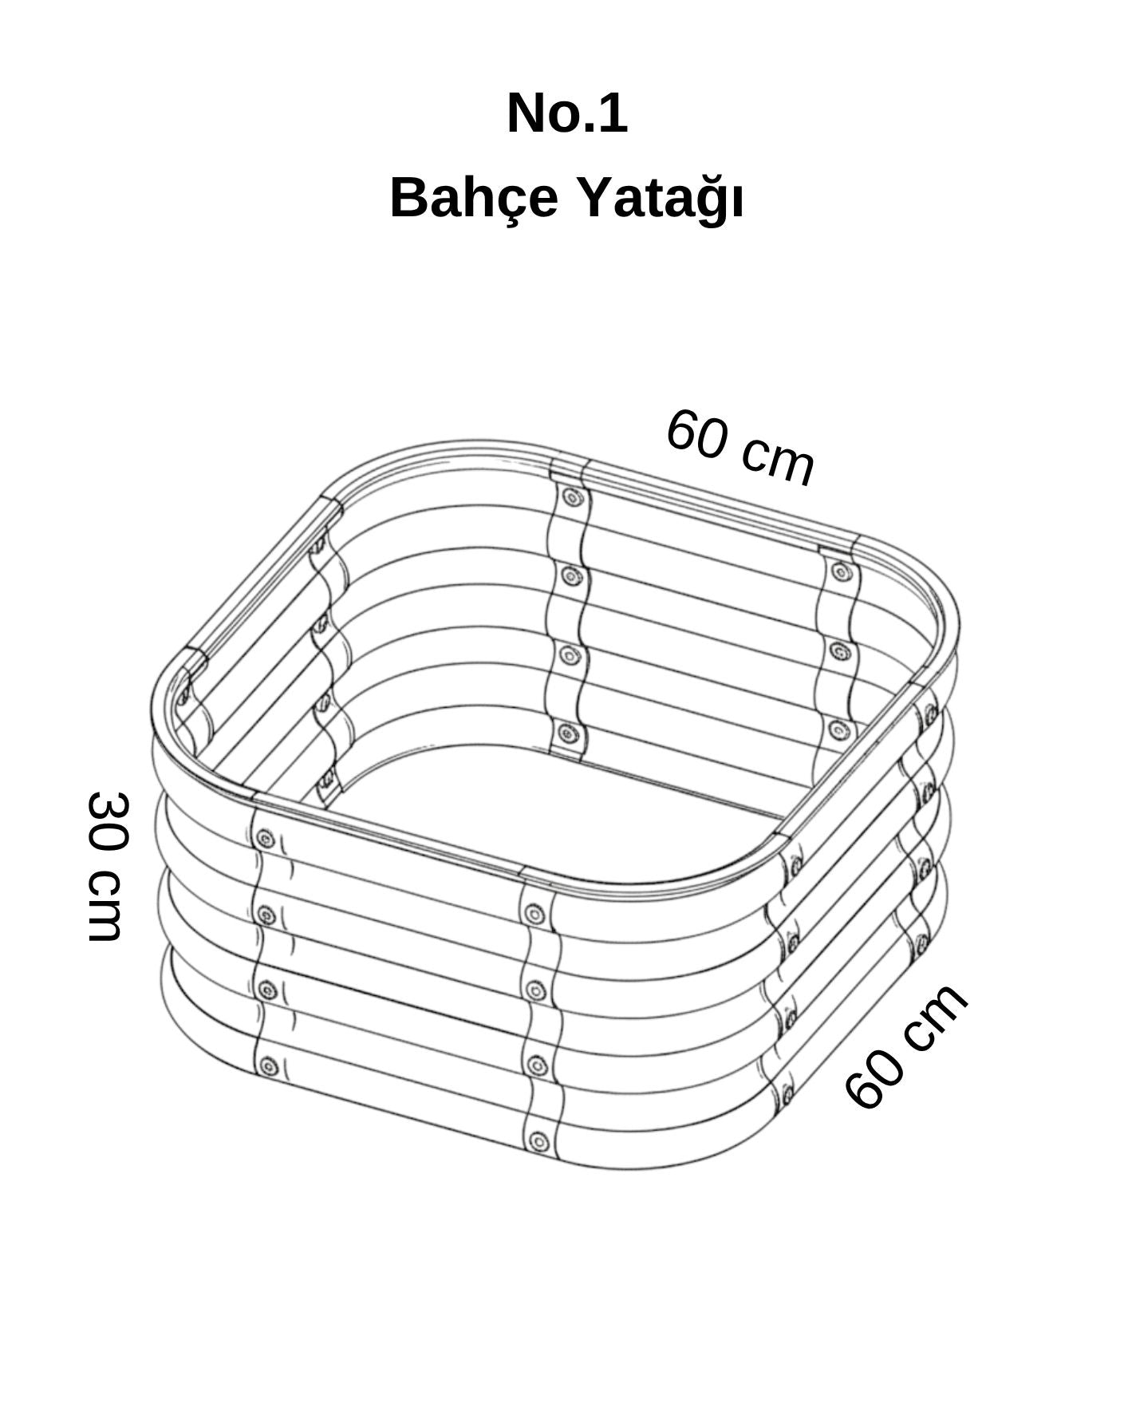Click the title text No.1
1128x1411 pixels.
coord(567,113)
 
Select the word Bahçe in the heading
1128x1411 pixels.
coord(474,197)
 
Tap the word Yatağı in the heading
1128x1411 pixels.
coord(661,197)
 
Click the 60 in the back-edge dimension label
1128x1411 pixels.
coord(696,434)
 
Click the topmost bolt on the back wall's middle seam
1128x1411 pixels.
coord(570,498)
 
